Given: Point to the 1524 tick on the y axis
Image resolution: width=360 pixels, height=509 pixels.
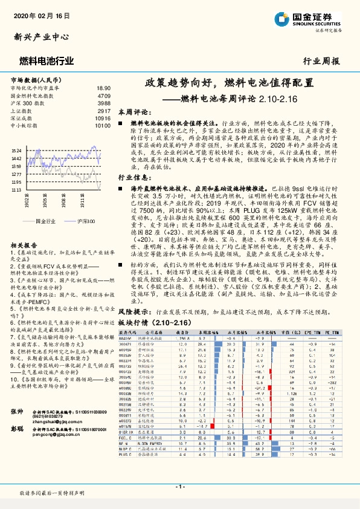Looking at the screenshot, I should (x=17, y=150).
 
